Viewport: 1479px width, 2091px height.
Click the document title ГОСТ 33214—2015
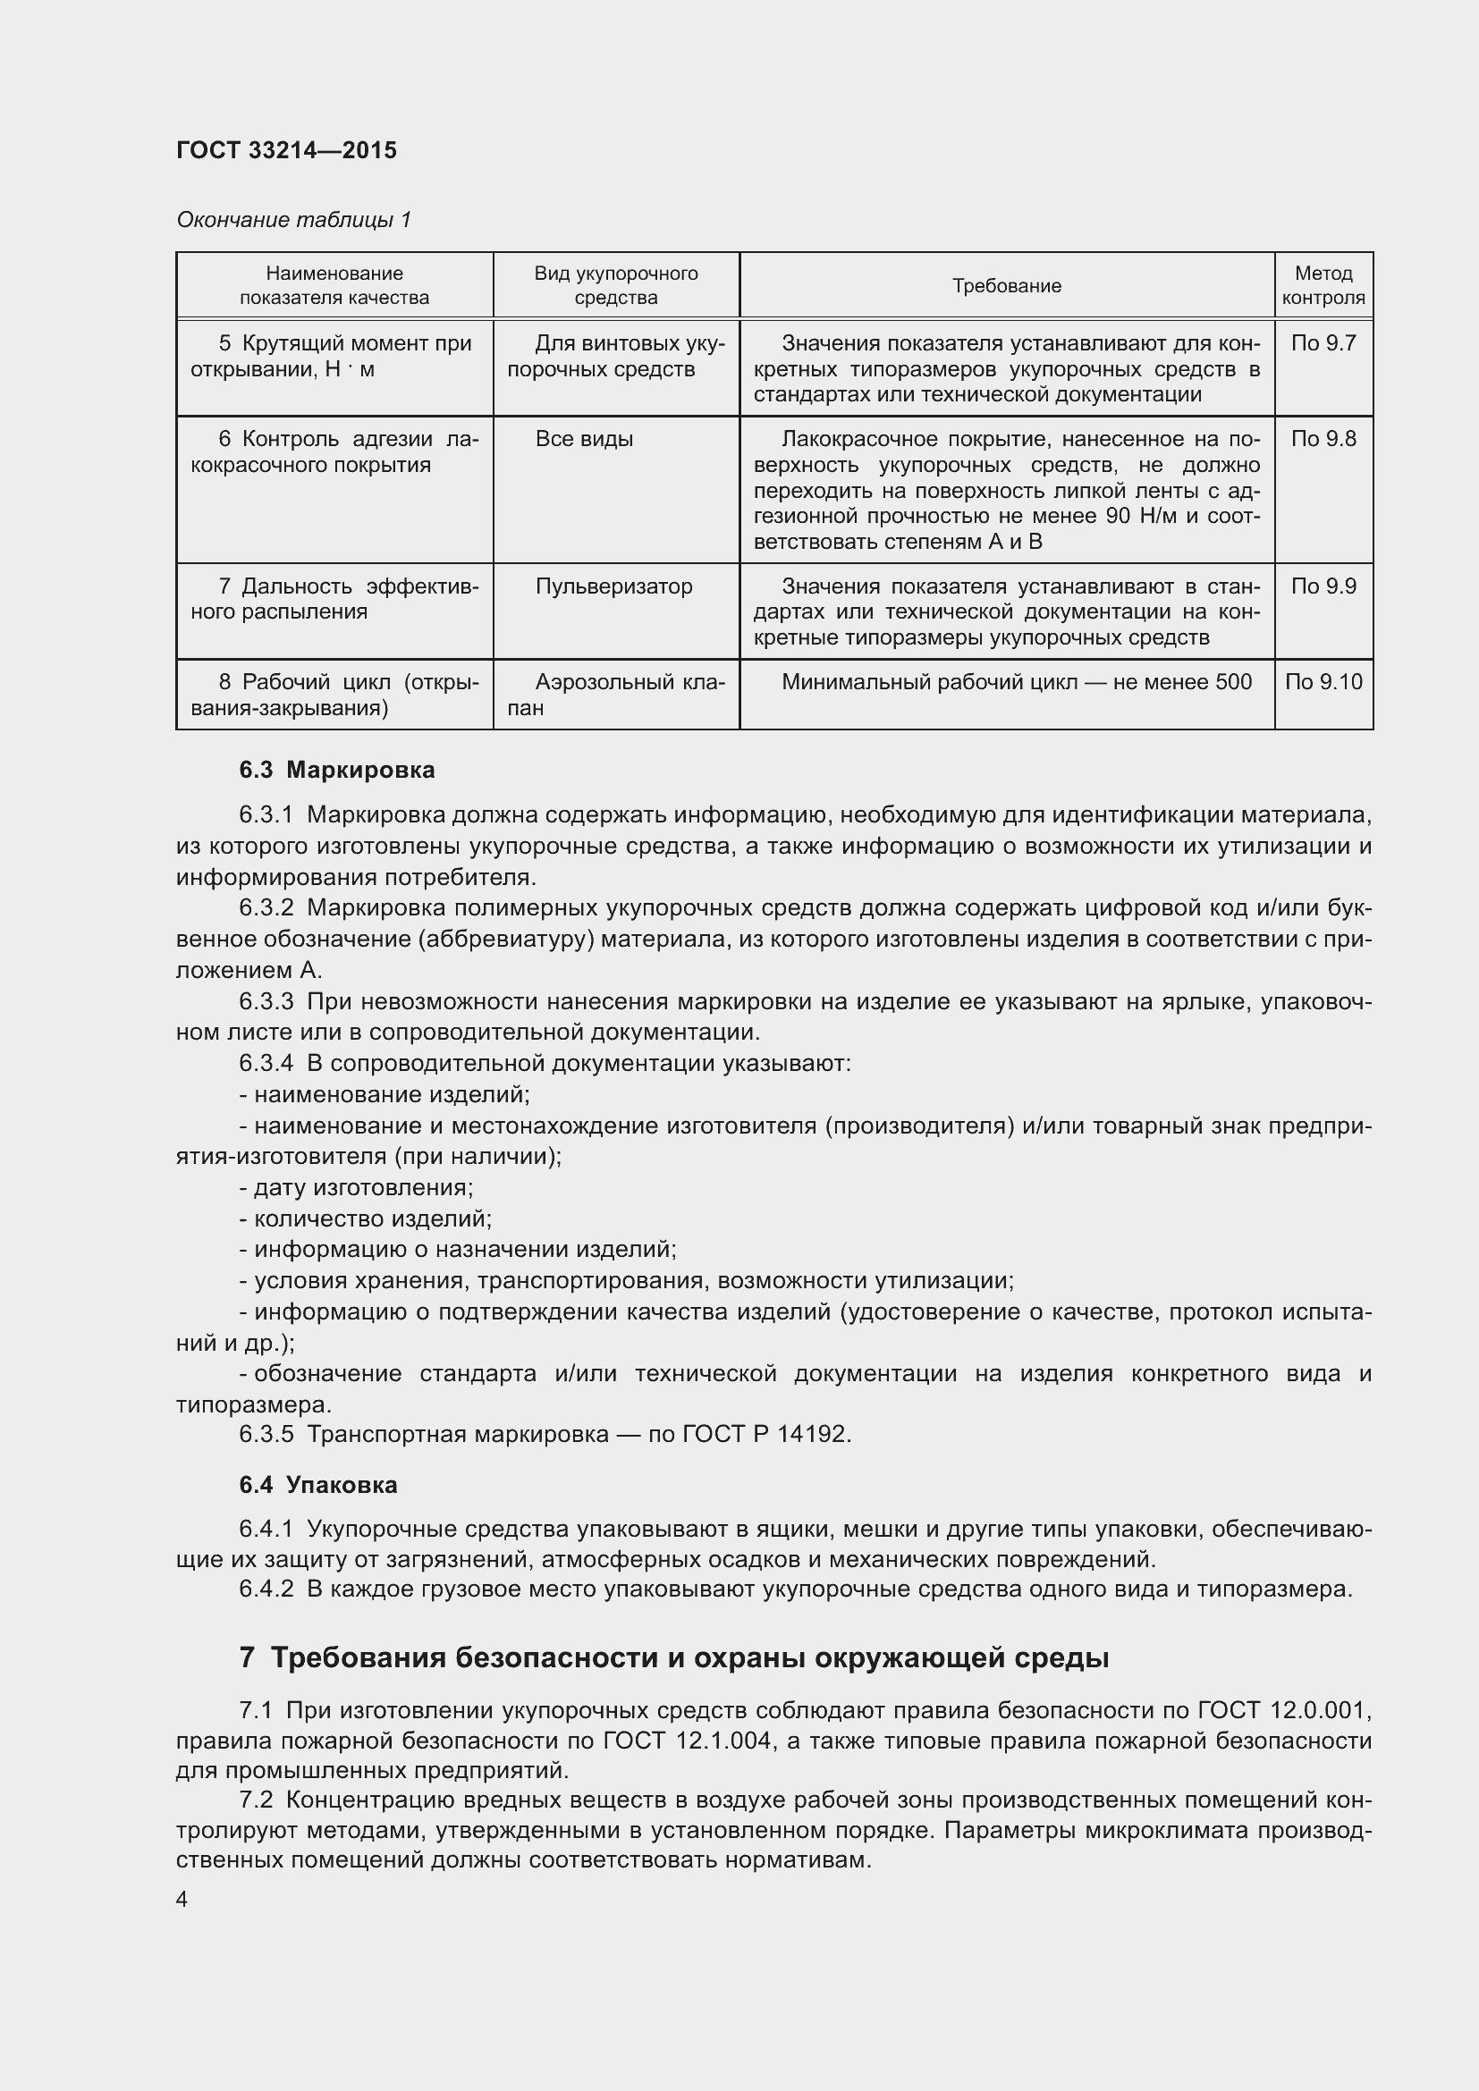(x=286, y=150)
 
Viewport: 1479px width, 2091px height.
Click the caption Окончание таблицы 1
(x=293, y=220)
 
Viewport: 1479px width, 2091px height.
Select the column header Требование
(x=1006, y=286)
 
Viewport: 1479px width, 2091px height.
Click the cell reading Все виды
(x=584, y=439)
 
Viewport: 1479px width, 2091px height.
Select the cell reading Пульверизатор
(x=613, y=586)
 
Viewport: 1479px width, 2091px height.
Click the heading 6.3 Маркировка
(x=337, y=771)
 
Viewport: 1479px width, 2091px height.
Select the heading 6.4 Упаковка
(x=317, y=1486)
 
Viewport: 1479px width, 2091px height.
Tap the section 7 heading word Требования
(x=356, y=1658)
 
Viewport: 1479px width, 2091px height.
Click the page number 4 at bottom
(x=182, y=1900)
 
